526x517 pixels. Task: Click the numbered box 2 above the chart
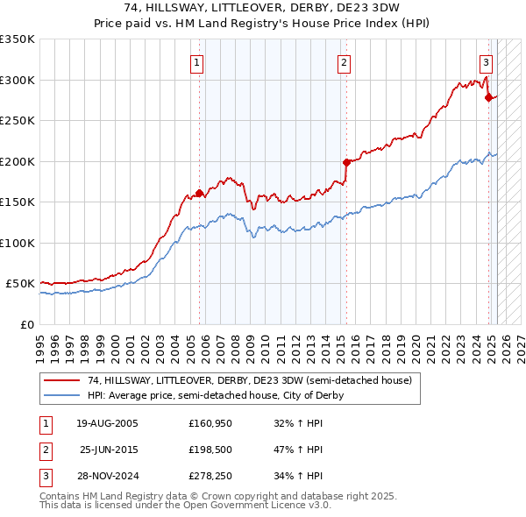pos(344,62)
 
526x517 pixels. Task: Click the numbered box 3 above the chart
pos(486,62)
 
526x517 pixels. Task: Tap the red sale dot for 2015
pos(346,162)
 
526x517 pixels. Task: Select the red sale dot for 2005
pos(200,193)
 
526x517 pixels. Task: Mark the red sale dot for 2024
pos(489,97)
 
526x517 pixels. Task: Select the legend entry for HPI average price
pos(215,395)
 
